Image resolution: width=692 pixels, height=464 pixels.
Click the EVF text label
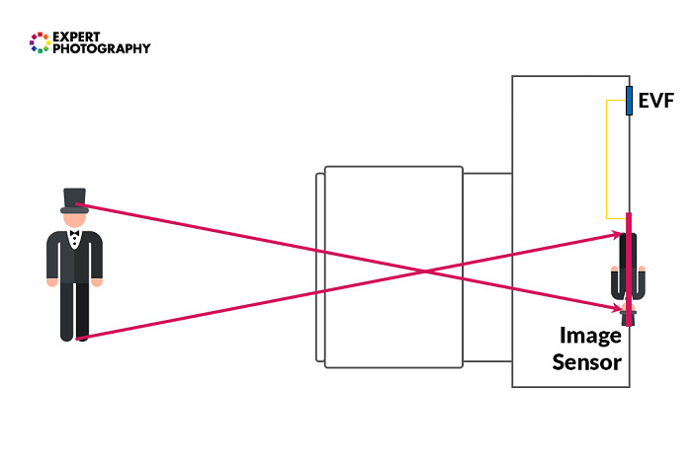coord(656,101)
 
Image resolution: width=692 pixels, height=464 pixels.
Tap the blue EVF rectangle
coord(629,101)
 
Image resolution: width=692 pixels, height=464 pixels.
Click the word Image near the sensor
coord(590,337)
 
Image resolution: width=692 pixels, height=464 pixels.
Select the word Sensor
coord(586,362)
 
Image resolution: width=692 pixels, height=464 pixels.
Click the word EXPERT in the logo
coord(76,37)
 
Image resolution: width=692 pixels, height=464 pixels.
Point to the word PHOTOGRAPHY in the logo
coord(102,48)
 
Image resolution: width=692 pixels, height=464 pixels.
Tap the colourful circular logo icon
coord(40,42)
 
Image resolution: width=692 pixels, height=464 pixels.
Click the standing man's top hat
coord(74,201)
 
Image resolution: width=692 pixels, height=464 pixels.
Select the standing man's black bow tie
coord(74,233)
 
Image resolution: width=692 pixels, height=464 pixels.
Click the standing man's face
coord(74,220)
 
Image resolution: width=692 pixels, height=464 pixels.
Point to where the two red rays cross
coord(425,271)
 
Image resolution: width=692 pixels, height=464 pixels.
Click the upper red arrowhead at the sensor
coord(617,234)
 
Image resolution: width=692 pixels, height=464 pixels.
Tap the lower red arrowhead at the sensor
coord(617,308)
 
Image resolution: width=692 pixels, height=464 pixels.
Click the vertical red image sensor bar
coord(629,270)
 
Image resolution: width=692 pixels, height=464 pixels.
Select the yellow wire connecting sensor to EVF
coord(606,159)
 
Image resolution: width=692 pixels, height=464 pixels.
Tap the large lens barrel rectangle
coord(393,267)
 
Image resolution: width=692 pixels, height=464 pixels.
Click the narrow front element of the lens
coord(320,268)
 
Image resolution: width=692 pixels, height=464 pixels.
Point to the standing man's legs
coord(74,312)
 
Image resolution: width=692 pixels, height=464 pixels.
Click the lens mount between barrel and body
coord(487,268)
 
